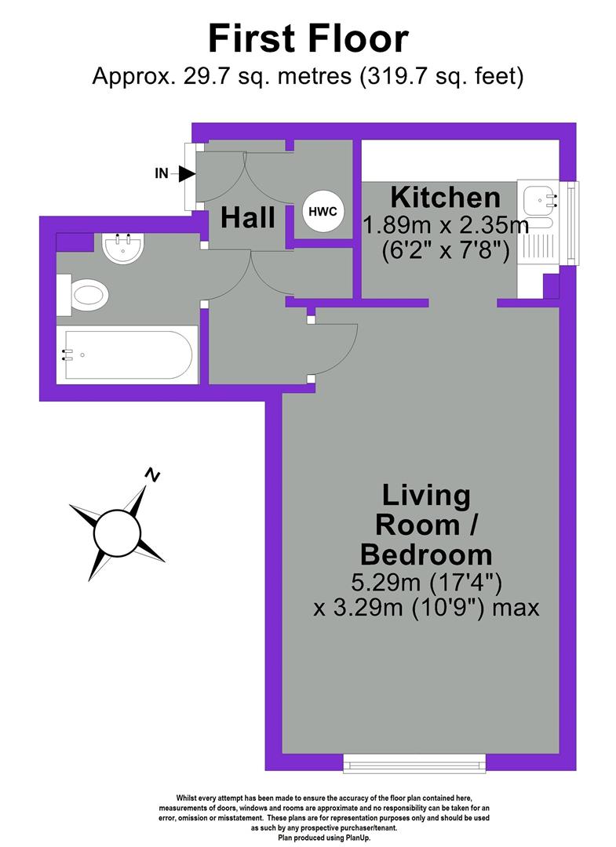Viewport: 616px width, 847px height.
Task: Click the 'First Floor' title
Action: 308,38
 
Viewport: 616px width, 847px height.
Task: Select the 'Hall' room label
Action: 247,217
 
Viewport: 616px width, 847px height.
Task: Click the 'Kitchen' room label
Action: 445,196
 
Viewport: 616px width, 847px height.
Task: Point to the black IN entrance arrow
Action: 186,173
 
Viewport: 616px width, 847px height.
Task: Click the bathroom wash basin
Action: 122,247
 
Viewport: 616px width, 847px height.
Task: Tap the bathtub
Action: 128,355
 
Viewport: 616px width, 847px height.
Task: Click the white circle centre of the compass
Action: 116,533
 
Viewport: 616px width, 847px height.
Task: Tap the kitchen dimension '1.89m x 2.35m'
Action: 445,226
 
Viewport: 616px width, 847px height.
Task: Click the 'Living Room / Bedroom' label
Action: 426,525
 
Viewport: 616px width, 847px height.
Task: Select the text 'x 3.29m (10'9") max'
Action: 426,608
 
